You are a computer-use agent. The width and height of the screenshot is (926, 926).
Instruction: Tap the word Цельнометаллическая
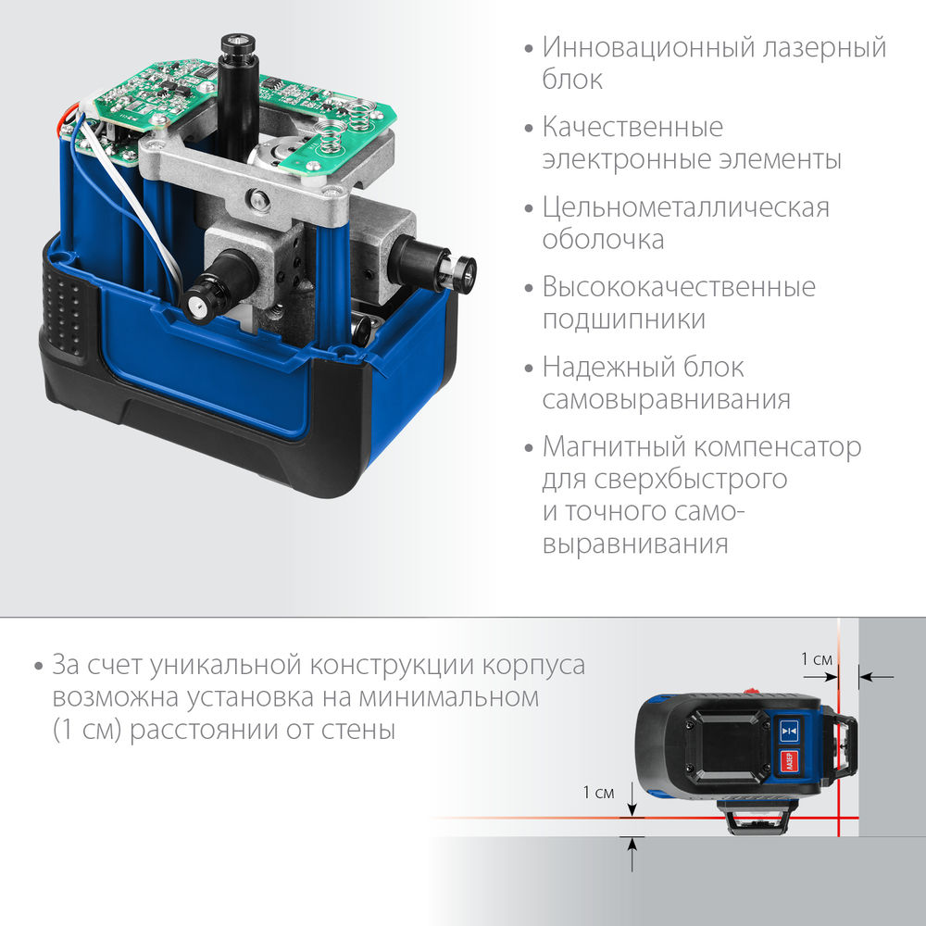(686, 206)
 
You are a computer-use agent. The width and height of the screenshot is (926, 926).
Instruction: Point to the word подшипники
(624, 319)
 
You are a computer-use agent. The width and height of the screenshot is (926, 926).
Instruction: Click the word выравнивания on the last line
(635, 544)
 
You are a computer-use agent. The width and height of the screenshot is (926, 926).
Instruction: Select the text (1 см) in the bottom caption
(87, 730)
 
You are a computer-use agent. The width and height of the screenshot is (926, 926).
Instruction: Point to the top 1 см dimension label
(817, 659)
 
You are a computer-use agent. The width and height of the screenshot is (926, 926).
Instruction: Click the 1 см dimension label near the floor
(598, 792)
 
